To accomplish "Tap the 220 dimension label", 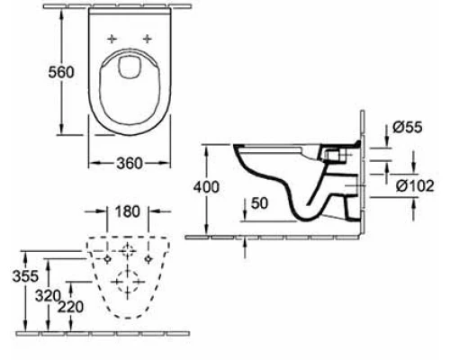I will (70, 306).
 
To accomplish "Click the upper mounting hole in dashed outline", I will (129, 247).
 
